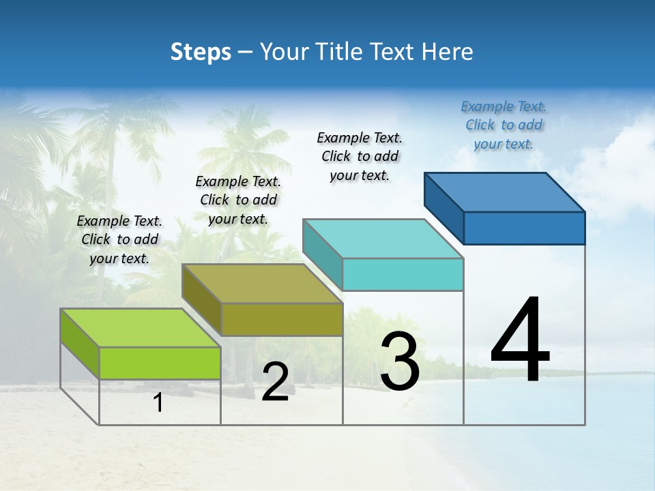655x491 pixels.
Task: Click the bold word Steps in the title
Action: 201,52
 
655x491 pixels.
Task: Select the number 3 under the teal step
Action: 400,361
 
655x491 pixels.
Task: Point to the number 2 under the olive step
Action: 275,382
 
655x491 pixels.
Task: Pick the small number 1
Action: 158,403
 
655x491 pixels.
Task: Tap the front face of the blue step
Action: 524,228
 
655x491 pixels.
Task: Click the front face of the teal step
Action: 403,274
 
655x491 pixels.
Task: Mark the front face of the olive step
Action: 282,319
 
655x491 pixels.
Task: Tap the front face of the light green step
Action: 160,363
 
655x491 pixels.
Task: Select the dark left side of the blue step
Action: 443,207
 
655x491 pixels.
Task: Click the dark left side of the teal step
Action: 322,254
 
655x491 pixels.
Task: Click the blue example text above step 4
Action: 504,125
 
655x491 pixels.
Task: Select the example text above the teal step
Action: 360,156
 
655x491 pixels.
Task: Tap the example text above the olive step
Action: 238,200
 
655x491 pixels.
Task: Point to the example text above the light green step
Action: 119,239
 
